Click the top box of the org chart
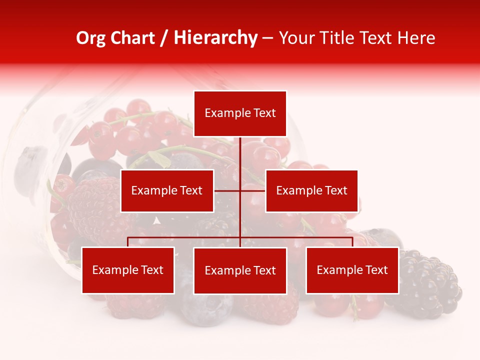click(x=240, y=113)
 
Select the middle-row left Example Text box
click(x=167, y=190)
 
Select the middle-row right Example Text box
click(x=311, y=190)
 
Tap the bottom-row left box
click(x=128, y=270)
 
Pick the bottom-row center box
click(x=240, y=271)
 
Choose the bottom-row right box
click(x=352, y=270)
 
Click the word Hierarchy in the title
click(x=215, y=38)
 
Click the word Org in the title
click(x=90, y=38)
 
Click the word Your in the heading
click(x=295, y=38)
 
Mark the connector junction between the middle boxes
click(x=240, y=190)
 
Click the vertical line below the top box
click(x=240, y=155)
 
